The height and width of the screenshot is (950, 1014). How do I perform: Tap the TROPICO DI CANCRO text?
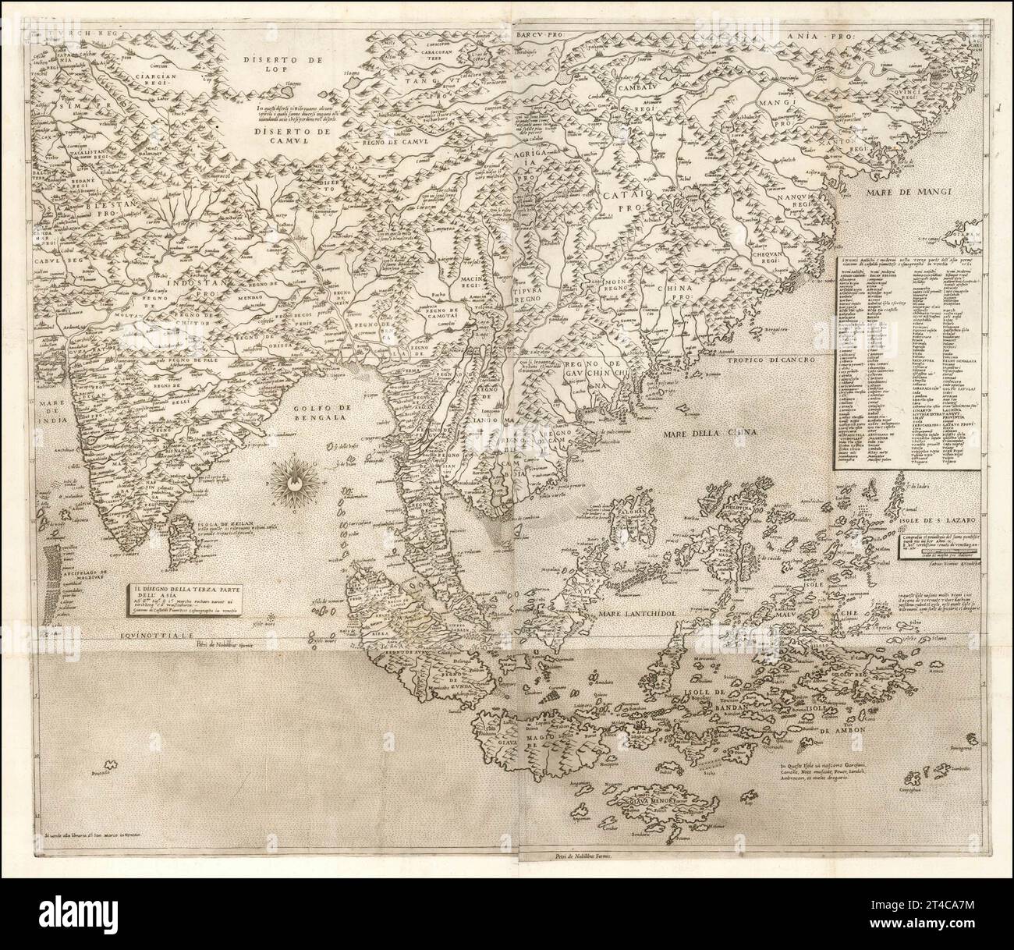pos(768,361)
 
